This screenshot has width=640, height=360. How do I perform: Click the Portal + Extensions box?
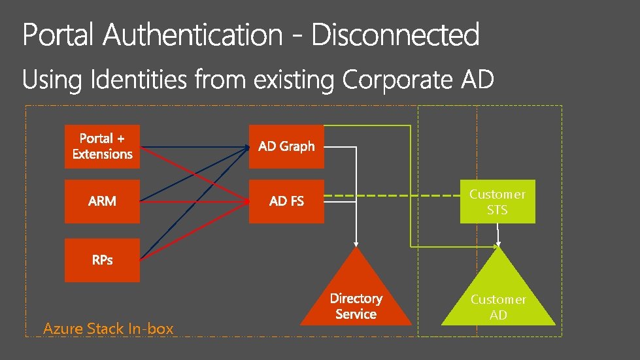[102, 146]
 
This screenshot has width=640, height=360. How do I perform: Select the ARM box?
[102, 201]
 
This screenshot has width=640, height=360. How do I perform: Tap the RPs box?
[102, 260]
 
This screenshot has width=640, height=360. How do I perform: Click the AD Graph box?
[286, 146]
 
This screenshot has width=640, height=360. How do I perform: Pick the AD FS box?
[286, 201]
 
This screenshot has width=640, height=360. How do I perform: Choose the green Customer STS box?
[497, 202]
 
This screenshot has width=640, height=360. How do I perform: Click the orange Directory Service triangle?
[356, 301]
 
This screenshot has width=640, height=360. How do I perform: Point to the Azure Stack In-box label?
[109, 329]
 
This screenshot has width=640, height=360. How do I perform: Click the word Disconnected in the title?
[395, 35]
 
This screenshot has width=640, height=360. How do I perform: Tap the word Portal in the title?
[59, 35]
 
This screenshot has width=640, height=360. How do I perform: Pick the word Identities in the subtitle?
[138, 81]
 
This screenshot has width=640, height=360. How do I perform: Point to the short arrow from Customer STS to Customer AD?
[497, 234]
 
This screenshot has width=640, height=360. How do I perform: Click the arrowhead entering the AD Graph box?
[247, 147]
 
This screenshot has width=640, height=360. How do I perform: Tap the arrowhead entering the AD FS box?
[247, 201]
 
